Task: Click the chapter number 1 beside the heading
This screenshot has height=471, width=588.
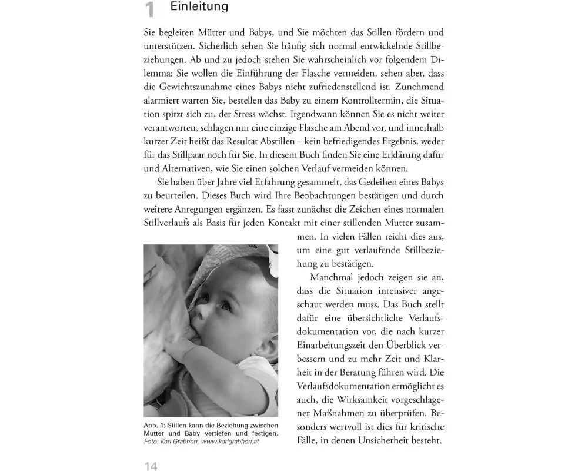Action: click(x=151, y=11)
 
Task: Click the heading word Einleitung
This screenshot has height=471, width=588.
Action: click(x=198, y=8)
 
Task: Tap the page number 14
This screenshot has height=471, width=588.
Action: click(x=151, y=466)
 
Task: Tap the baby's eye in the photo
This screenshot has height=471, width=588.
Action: click(x=227, y=306)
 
